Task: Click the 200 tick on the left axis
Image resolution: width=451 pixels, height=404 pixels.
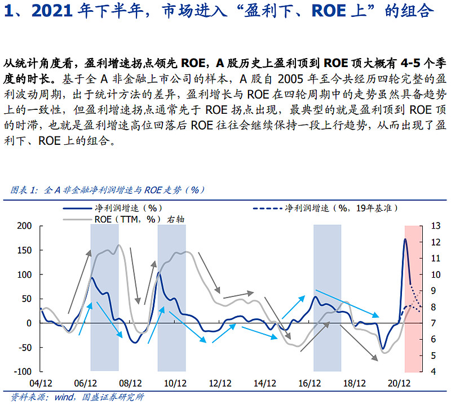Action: [x=25, y=226]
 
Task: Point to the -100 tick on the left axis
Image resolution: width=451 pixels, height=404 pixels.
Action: [x=24, y=372]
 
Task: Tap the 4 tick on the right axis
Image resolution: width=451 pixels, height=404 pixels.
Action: [x=431, y=372]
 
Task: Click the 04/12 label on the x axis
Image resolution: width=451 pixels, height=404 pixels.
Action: [x=40, y=383]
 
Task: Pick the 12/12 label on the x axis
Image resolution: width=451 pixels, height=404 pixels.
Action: [x=219, y=383]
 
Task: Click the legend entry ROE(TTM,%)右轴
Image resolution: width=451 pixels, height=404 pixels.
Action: [x=135, y=219]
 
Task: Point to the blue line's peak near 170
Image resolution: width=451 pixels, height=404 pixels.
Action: [x=405, y=240]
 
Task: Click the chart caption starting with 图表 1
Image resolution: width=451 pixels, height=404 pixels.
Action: [x=107, y=190]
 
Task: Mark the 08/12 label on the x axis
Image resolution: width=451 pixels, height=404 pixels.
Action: [x=130, y=383]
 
